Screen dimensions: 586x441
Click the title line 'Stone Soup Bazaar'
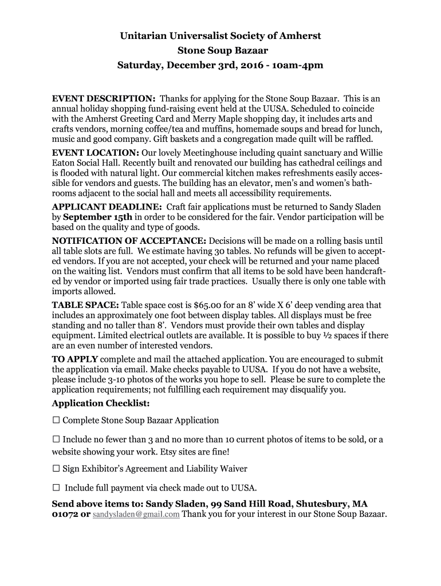[x=220, y=50]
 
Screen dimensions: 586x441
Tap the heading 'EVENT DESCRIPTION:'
[x=104, y=98]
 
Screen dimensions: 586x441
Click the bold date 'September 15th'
[x=97, y=217]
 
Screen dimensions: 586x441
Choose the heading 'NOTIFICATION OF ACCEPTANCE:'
[x=129, y=241]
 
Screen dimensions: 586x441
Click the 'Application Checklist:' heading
[x=101, y=403]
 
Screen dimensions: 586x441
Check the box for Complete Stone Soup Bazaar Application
[x=56, y=420]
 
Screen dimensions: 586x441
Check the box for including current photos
[x=56, y=439]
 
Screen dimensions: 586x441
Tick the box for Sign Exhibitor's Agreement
[x=56, y=469]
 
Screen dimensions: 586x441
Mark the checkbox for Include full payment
[x=56, y=488]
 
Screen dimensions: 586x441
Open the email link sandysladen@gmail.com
[x=136, y=514]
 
